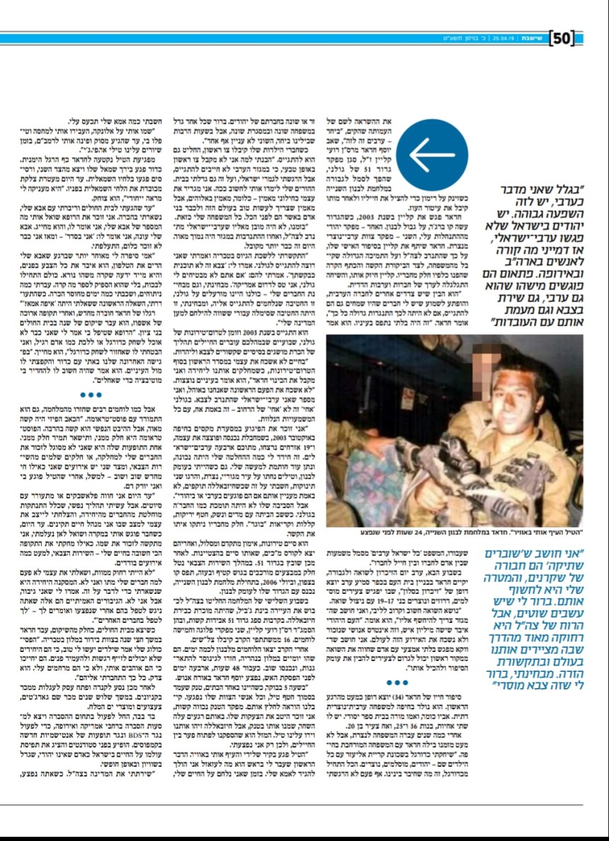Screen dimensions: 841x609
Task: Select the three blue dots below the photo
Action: [x=393, y=684]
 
